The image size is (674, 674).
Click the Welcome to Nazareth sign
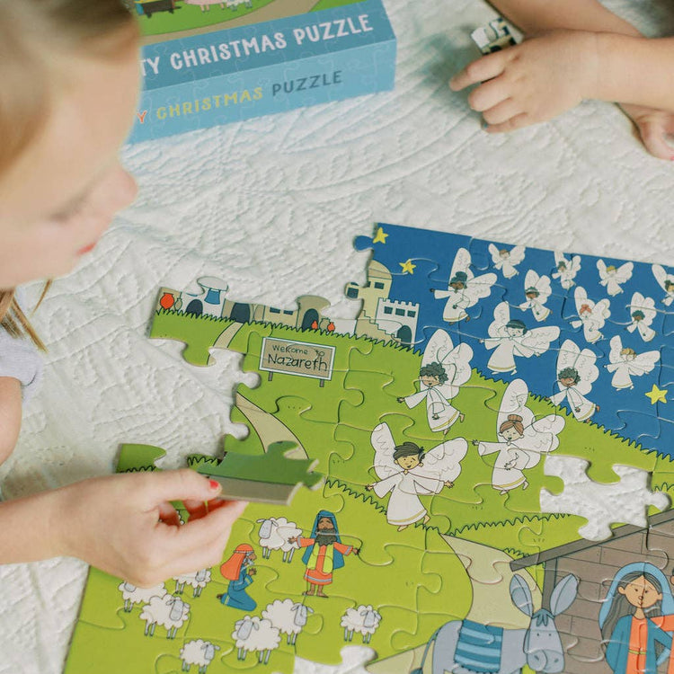click(297, 358)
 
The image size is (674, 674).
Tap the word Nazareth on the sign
click(297, 363)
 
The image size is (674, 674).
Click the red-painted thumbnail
click(214, 484)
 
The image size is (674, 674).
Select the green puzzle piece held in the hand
click(262, 475)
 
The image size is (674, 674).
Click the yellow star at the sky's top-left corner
click(380, 235)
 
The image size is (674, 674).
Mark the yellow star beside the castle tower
click(408, 267)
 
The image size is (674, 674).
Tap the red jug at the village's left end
click(166, 301)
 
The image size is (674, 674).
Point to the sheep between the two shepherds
click(278, 537)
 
